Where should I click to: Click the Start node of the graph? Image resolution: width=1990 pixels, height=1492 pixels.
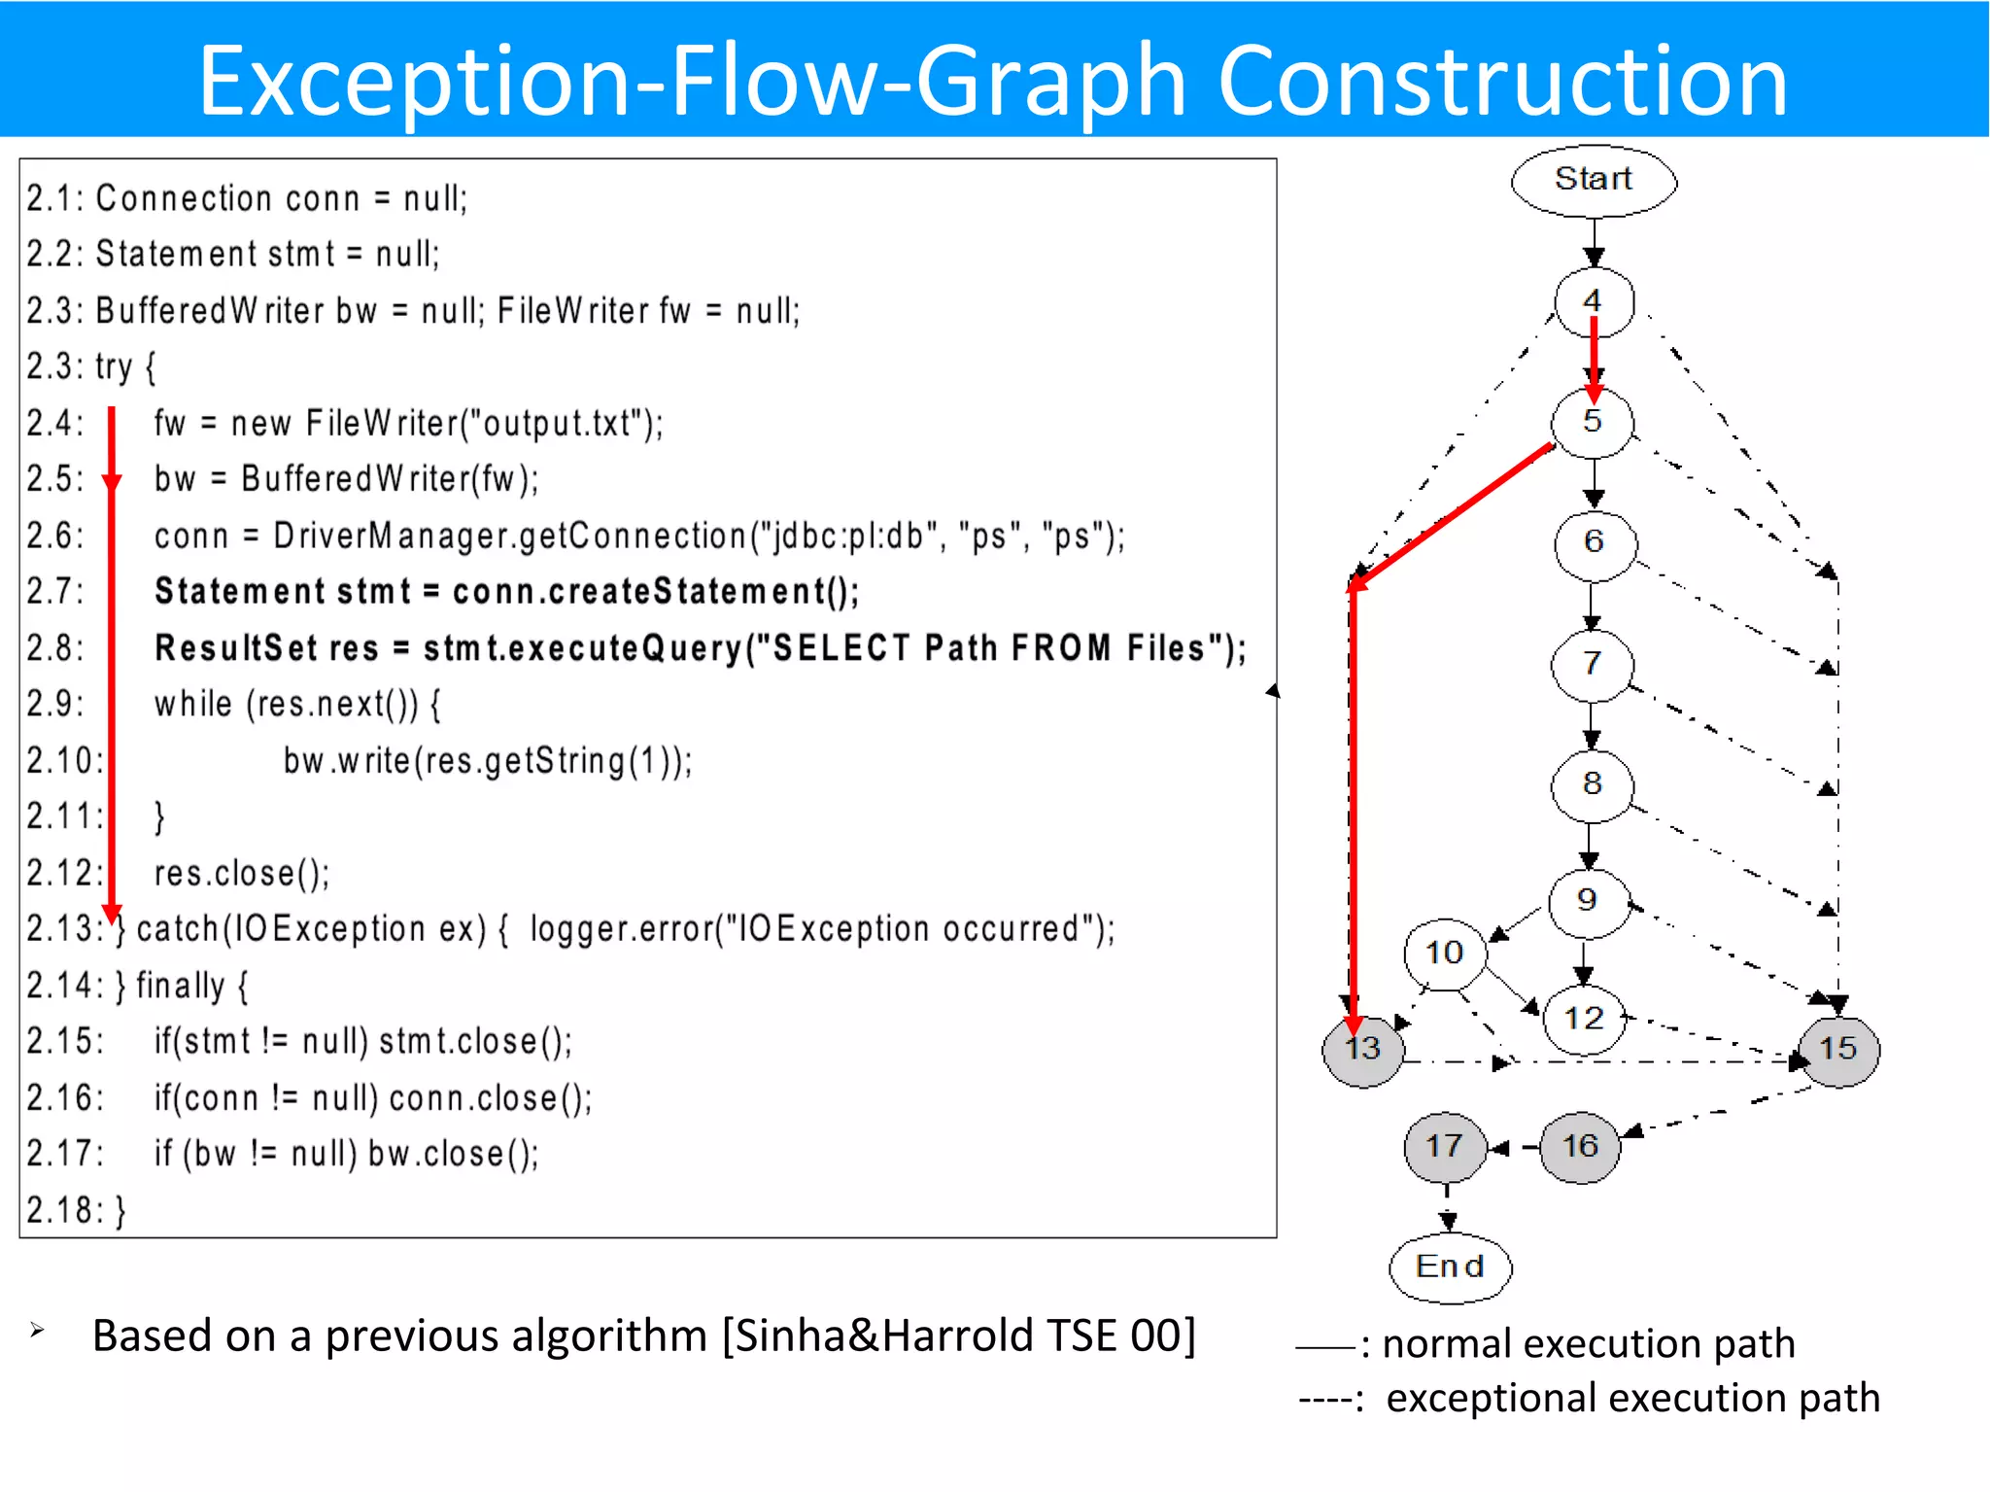(1593, 180)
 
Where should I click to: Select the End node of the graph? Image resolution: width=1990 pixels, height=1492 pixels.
(1450, 1266)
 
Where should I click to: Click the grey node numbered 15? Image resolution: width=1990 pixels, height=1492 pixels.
(1837, 1049)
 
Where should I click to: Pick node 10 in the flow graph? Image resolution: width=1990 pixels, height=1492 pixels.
(1445, 953)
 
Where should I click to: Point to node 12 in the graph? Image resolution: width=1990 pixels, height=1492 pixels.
(1584, 1019)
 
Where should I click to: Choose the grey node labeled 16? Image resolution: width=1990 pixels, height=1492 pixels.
(1580, 1146)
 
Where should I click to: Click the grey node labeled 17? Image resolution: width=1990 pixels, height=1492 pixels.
(1445, 1146)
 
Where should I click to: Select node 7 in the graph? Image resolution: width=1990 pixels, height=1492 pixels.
(1592, 664)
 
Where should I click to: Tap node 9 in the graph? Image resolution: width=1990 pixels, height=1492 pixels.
(1588, 901)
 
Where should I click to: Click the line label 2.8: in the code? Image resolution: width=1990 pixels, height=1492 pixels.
(55, 648)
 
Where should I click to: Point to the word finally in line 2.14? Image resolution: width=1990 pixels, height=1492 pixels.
(180, 986)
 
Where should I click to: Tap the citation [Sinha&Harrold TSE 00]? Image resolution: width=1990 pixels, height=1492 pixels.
(958, 1336)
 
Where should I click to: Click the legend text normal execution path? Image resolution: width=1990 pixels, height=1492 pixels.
(1588, 1343)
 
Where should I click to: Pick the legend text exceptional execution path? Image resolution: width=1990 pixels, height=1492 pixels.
(1632, 1398)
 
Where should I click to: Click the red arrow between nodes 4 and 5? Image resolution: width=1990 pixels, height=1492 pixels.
(1594, 358)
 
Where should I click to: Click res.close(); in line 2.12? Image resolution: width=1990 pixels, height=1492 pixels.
(242, 873)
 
